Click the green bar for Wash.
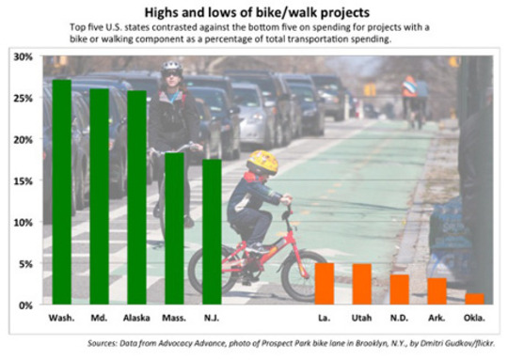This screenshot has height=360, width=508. pyautogui.click(x=61, y=193)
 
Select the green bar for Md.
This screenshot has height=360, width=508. pyautogui.click(x=99, y=197)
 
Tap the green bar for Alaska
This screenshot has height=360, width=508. pyautogui.click(x=136, y=198)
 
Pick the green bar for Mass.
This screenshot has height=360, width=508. pyautogui.click(x=174, y=229)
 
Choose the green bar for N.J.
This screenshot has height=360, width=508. pyautogui.click(x=212, y=232)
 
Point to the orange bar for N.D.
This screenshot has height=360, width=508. pyautogui.click(x=400, y=290)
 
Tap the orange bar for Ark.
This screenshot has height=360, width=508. pyautogui.click(x=437, y=291)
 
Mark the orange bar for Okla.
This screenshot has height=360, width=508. pyautogui.click(x=475, y=299)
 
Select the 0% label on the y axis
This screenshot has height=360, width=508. pyautogui.click(x=25, y=305)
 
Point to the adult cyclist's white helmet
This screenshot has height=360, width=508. pyautogui.click(x=171, y=68)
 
